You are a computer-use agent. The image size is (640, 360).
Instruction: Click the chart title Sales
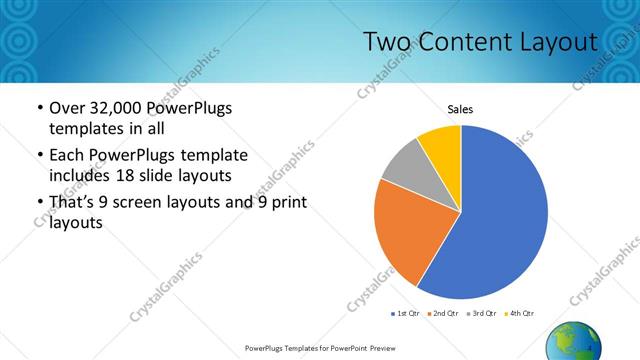coord(460,109)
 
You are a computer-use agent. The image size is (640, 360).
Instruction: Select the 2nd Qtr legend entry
coord(443,313)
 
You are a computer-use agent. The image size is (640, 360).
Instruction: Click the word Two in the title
coord(386,42)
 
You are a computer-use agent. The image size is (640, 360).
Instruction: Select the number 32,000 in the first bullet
coord(113,108)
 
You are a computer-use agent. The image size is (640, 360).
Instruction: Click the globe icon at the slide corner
coord(573,341)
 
